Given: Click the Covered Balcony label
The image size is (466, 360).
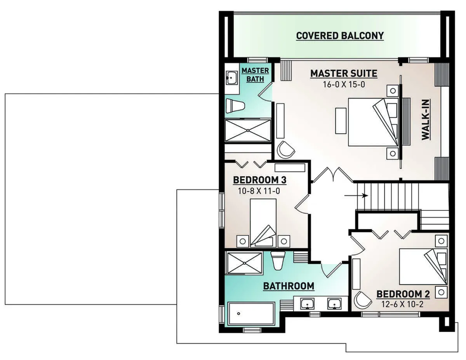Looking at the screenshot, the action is pos(340,36).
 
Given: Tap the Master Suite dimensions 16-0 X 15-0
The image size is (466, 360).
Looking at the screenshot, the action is pos(344,84).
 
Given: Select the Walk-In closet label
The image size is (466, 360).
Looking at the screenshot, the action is pos(426,120).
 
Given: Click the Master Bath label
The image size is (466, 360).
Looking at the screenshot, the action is pos(255,75).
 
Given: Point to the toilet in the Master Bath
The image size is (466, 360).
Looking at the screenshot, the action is pos(236,106).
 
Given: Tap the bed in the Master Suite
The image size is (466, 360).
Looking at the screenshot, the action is pos(373,122).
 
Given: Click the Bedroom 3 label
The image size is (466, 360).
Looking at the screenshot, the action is pos(259,180).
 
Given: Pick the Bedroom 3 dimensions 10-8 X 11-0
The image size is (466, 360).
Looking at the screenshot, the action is pos(259,191).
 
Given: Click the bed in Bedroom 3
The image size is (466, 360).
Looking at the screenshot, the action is pos(263,223).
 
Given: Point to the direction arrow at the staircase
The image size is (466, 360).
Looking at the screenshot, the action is pos(356,196).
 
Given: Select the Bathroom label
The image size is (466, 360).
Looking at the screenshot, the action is pos(289,286).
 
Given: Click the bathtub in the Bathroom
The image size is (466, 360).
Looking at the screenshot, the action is pos(251,314).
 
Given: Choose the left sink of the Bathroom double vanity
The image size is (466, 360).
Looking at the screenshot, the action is pos(308,304).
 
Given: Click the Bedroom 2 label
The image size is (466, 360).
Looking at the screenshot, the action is pos(403,294).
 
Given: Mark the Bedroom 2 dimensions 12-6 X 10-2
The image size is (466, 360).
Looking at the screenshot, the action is pos(403,304).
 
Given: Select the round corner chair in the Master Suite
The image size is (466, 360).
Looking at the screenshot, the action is pos(286,150).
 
